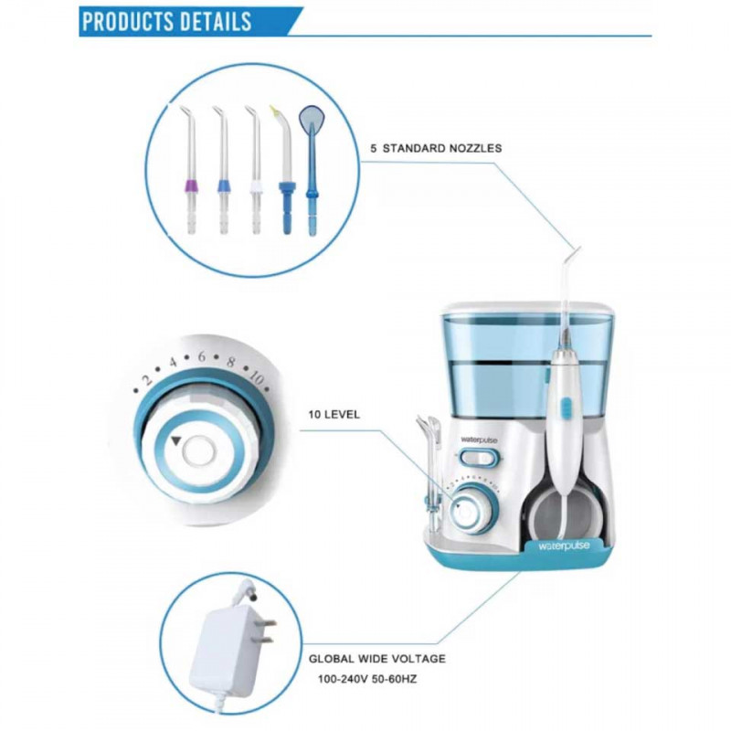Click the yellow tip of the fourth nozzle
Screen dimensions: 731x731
click(275, 111)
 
